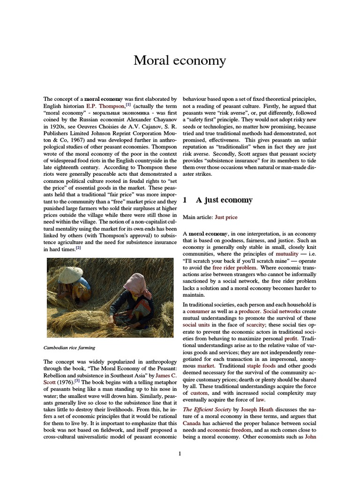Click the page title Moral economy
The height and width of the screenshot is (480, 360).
pos(180,60)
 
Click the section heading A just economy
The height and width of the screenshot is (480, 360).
pos(224,200)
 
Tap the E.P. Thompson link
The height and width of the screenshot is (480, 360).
pos(105,106)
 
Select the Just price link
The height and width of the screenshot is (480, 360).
pos(226,217)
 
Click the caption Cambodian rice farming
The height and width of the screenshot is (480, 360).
pos(69,348)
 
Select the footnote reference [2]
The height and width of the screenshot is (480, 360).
pos(78,248)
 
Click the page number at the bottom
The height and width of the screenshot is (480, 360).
pos(180,453)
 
